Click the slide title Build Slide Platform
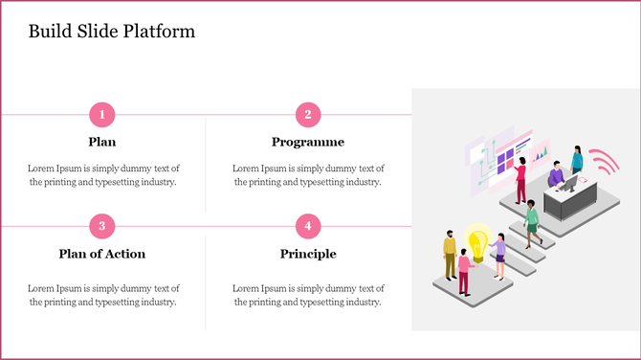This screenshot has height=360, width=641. tap(111, 32)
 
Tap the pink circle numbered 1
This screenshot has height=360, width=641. tap(102, 115)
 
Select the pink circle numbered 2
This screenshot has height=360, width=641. tap(307, 115)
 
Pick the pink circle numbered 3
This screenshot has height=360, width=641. tap(102, 227)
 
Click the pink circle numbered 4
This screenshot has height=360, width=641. tap(307, 227)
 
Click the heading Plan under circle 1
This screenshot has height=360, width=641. tap(102, 142)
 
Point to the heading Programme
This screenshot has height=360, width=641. tap(307, 142)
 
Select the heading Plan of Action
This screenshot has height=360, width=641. tap(102, 254)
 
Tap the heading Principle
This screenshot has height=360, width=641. tap(307, 254)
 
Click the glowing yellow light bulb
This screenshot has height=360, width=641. tap(476, 238)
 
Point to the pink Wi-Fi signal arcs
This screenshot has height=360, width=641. tap(602, 162)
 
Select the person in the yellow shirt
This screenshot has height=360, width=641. tap(450, 254)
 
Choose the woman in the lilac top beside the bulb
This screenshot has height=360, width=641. tap(498, 255)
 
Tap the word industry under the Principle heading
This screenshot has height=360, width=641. tap(361, 302)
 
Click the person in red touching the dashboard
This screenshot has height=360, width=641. tap(521, 182)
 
